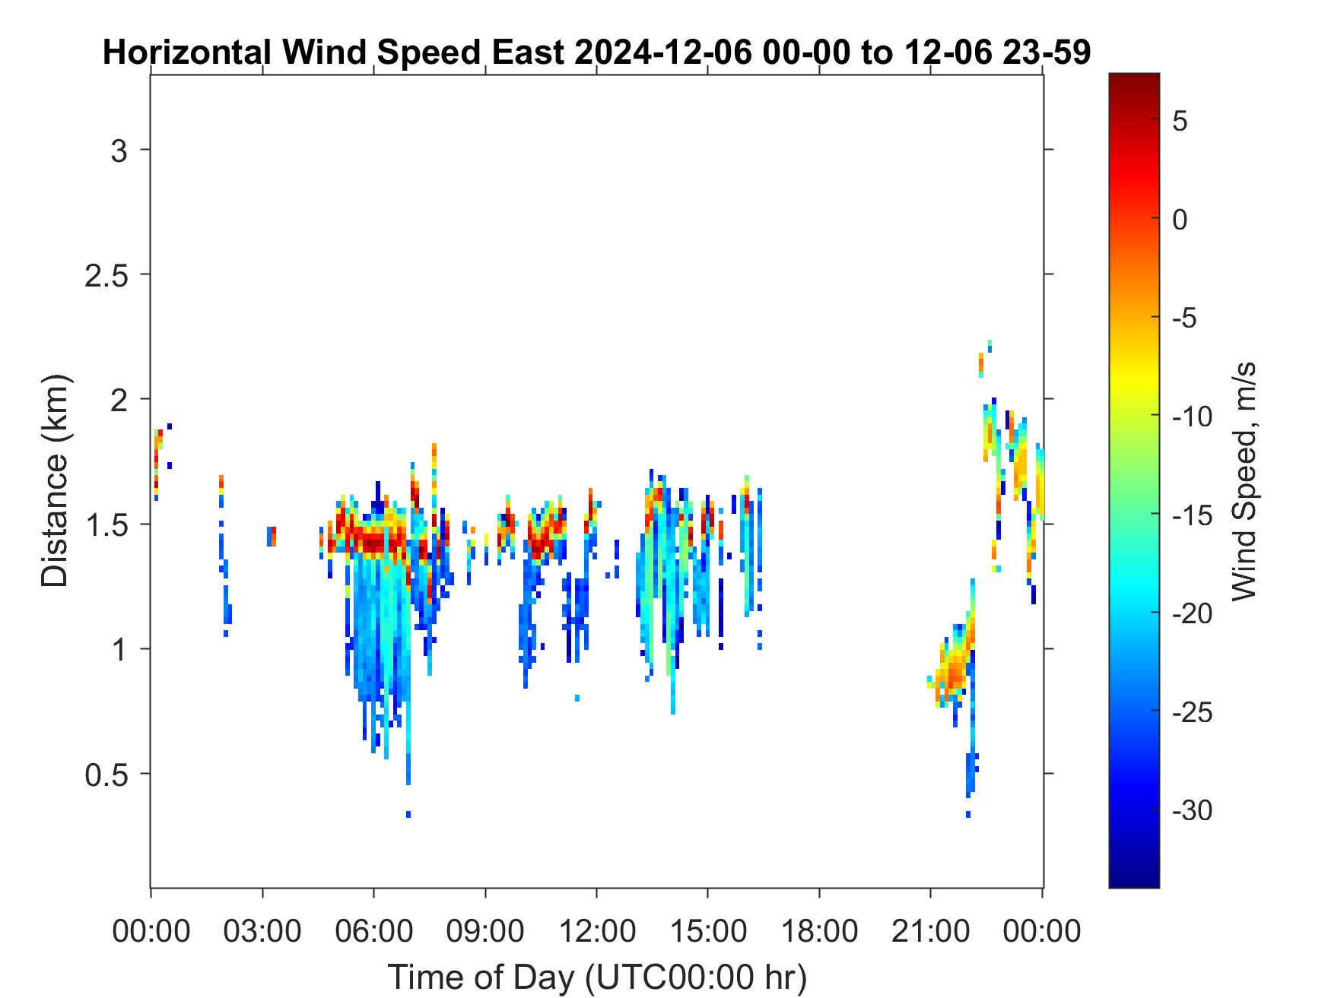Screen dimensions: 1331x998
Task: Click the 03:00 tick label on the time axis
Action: [x=262, y=930]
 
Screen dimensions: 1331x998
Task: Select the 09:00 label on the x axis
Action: [x=485, y=930]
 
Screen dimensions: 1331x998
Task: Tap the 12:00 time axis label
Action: [x=596, y=930]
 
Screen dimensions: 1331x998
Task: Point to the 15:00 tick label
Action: [x=708, y=930]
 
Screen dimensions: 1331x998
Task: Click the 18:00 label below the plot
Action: [x=819, y=930]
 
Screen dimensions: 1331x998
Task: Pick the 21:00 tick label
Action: [x=931, y=930]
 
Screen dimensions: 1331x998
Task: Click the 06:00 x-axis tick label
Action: [x=373, y=930]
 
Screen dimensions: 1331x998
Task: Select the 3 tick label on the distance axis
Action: [x=118, y=150]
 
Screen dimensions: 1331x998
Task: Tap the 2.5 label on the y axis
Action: [x=105, y=274]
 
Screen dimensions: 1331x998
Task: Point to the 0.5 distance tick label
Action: [x=105, y=774]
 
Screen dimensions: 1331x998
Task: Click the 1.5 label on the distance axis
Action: [x=105, y=524]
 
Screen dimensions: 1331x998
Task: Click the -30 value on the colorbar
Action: [x=1192, y=810]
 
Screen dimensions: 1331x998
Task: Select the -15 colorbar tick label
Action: [x=1192, y=515]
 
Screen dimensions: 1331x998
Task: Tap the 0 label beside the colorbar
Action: [x=1180, y=220]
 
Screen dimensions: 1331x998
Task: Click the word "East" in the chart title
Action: [x=529, y=53]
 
